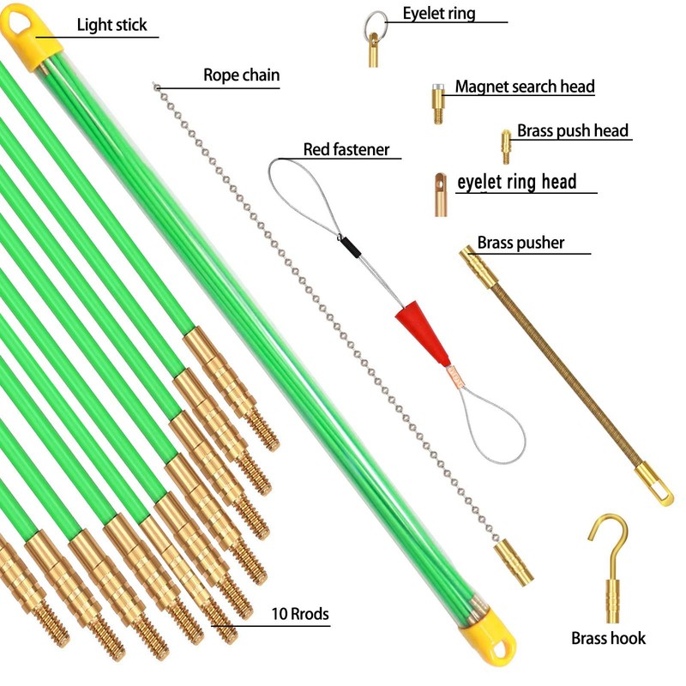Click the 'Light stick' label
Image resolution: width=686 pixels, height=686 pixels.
click(112, 24)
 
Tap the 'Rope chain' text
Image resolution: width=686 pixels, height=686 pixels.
click(241, 75)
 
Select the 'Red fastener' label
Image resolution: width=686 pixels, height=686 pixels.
click(346, 150)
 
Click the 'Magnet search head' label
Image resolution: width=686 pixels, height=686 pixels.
click(525, 87)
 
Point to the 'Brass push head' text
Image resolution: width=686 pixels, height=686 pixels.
click(573, 131)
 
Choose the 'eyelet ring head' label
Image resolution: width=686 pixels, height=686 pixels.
click(516, 182)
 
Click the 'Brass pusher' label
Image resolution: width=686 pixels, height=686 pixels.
click(521, 243)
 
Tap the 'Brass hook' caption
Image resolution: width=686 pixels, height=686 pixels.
click(609, 638)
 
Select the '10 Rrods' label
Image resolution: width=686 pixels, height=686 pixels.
click(300, 614)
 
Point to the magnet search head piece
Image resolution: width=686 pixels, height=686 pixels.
click(438, 102)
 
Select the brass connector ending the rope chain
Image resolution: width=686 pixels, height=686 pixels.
click(514, 562)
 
